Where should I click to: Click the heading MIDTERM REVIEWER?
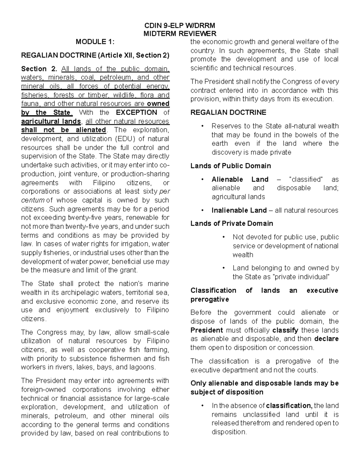[x=180, y=34]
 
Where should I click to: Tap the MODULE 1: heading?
[x=95, y=42]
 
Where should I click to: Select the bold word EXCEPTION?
[x=136, y=113]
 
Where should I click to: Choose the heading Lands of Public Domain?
[x=231, y=166]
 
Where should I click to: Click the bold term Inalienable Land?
[x=239, y=210]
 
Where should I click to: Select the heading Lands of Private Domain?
[x=232, y=224]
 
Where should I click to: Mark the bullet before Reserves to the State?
[x=203, y=126]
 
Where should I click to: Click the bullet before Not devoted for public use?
[x=224, y=237]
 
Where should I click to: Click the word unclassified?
[x=271, y=415]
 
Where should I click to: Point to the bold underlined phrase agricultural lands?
[x=51, y=121]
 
